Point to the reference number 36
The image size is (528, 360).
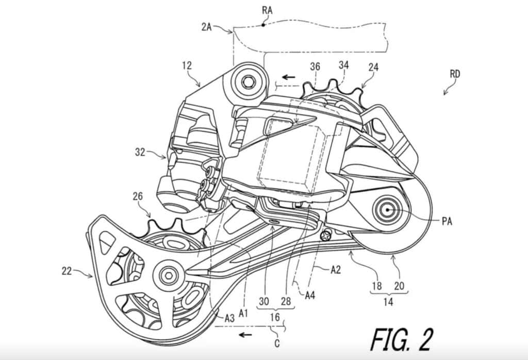tap(315, 66)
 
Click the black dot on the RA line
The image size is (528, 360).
tap(263, 24)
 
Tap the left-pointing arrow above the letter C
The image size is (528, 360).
tap(245, 334)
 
